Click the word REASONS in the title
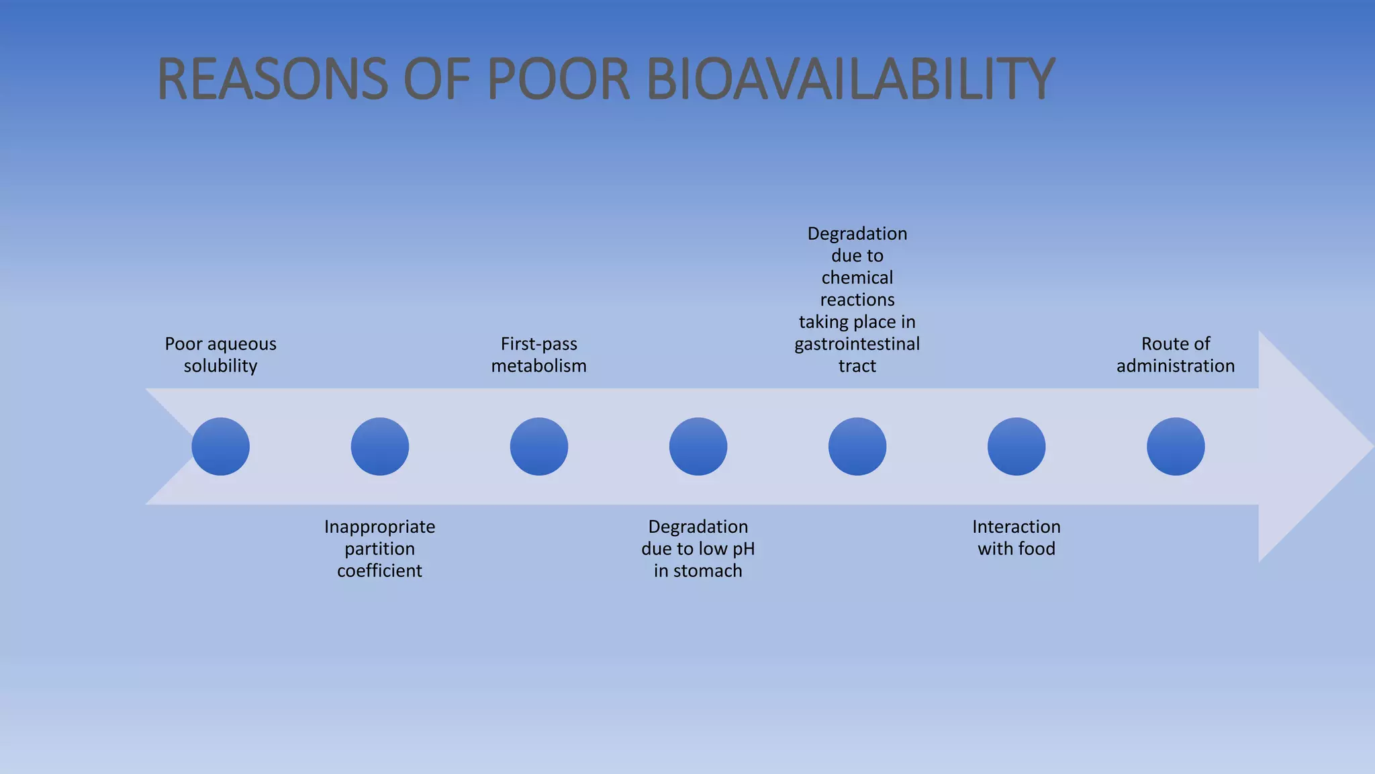(272, 79)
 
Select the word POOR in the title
(558, 79)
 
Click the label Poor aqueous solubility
(220, 355)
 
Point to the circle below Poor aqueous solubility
(220, 446)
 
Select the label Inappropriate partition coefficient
(379, 548)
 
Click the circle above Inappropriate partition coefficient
(379, 446)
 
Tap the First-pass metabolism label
(538, 355)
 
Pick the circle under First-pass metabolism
(538, 446)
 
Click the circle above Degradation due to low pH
(698, 446)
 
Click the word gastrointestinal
(857, 344)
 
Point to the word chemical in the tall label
(857, 277)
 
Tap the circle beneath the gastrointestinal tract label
(857, 446)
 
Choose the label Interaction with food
(1016, 537)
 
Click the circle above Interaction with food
(1016, 446)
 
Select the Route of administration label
(1175, 355)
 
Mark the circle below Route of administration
(1175, 446)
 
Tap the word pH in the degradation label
(743, 549)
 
